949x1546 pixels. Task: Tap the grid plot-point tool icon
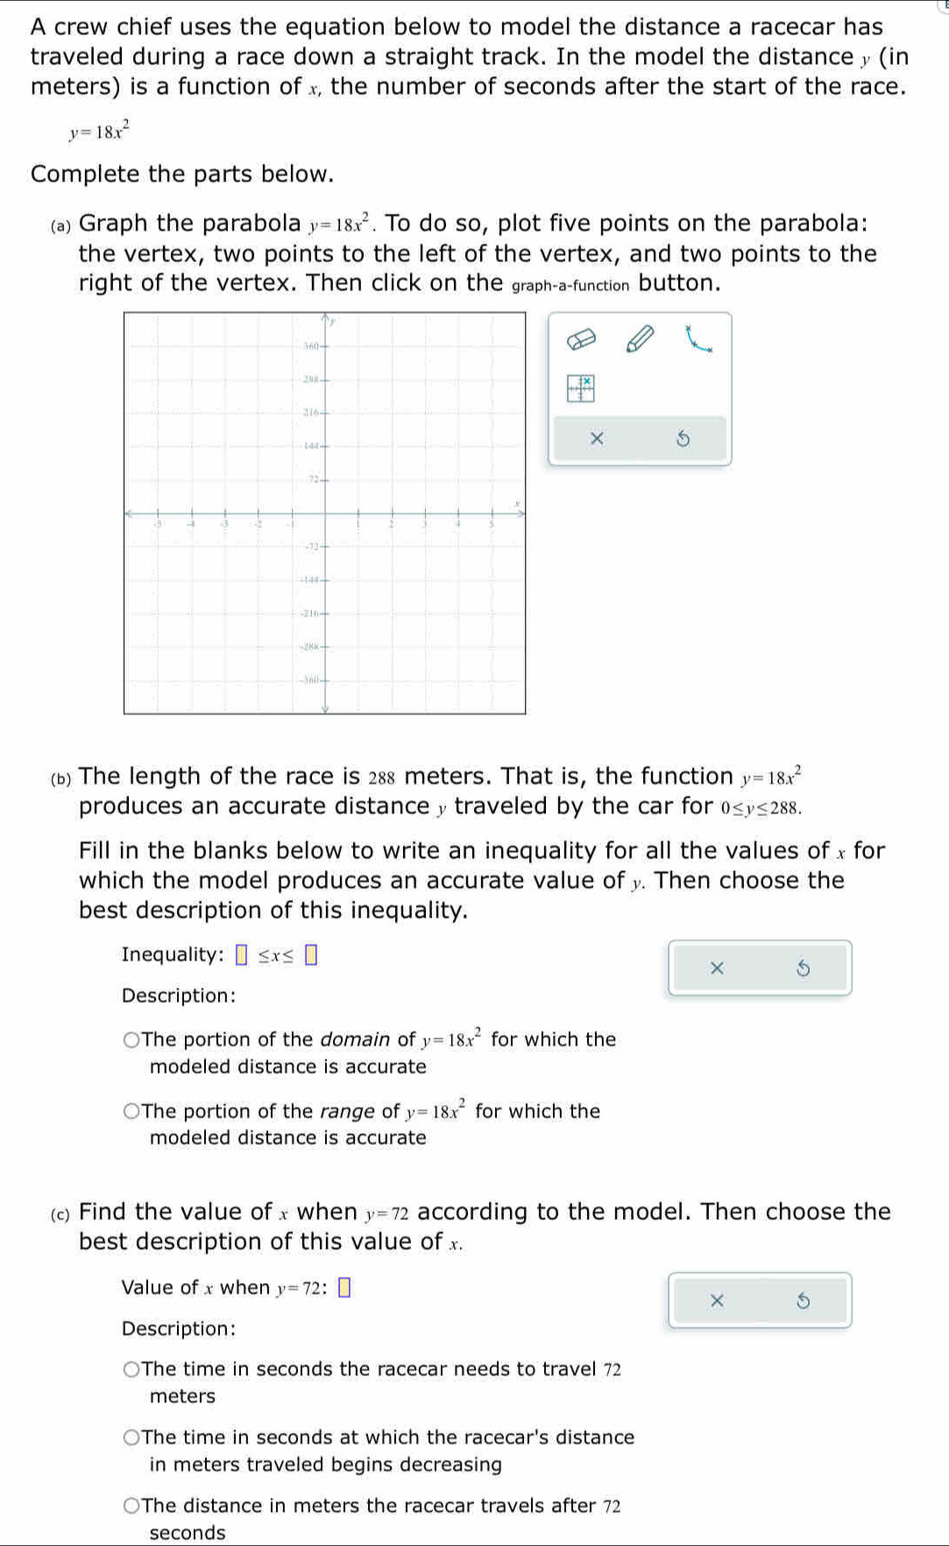(580, 387)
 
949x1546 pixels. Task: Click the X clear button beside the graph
(597, 438)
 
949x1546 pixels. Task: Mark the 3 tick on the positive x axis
(425, 525)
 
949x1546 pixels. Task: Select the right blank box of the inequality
(310, 955)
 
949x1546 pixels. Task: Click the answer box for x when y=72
(344, 1287)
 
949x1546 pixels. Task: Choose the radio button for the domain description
(131, 1040)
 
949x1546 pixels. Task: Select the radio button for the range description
(131, 1111)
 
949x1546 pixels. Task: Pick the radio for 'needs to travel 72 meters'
(131, 1370)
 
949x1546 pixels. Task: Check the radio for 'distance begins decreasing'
(131, 1437)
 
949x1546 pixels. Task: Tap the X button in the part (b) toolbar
(717, 968)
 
